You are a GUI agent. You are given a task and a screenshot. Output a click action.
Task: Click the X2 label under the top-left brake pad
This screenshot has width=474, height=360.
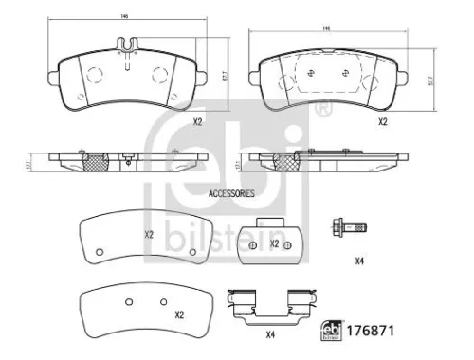pyautogui.click(x=197, y=121)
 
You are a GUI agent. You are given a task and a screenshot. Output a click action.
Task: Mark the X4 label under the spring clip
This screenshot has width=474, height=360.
pyautogui.click(x=270, y=333)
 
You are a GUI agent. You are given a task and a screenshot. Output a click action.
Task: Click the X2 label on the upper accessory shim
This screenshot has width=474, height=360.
pyautogui.click(x=148, y=234)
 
